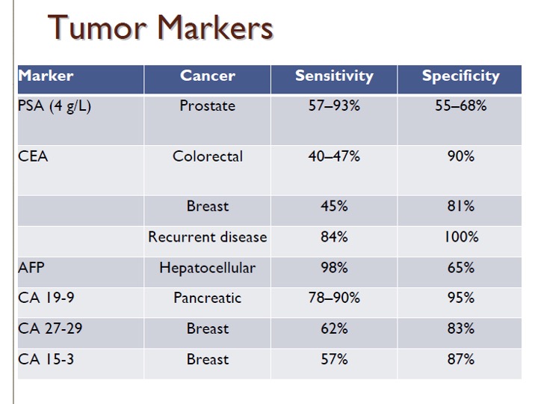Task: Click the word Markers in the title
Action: click(x=215, y=28)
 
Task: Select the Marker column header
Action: click(x=46, y=76)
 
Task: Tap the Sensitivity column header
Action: click(x=334, y=76)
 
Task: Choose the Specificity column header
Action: click(x=461, y=76)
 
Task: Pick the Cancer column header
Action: click(x=208, y=76)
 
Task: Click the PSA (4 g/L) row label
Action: click(x=55, y=105)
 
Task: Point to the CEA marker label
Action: click(x=33, y=156)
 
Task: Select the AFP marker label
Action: click(x=31, y=267)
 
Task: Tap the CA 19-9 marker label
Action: click(x=46, y=298)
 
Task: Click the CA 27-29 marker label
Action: click(x=50, y=328)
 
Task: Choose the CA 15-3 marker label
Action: click(x=46, y=359)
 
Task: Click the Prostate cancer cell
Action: click(x=208, y=105)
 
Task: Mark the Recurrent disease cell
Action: click(x=208, y=236)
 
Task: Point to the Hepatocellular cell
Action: click(x=208, y=268)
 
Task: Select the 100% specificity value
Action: click(x=461, y=236)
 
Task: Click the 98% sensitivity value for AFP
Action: click(x=334, y=267)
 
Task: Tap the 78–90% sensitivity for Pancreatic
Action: click(x=334, y=298)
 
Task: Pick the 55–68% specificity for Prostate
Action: click(x=461, y=105)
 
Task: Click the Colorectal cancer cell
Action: click(x=208, y=156)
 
